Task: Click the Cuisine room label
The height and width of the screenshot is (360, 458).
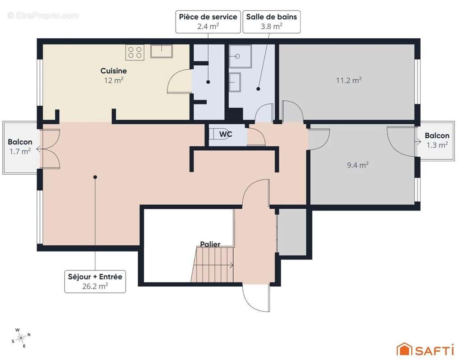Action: pyautogui.click(x=113, y=71)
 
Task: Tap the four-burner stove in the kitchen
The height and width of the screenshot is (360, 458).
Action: pyautogui.click(x=135, y=52)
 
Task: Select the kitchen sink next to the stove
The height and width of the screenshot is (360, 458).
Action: pyautogui.click(x=161, y=51)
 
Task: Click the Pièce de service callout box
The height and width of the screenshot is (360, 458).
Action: pyautogui.click(x=208, y=21)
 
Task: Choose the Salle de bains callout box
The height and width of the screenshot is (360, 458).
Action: pyautogui.click(x=271, y=21)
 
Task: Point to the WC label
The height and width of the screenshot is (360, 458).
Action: pyautogui.click(x=226, y=134)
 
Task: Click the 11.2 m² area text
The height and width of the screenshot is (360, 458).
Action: pyautogui.click(x=349, y=81)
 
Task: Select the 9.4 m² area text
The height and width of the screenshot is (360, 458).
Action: pyautogui.click(x=358, y=165)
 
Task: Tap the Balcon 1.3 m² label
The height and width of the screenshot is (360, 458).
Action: pyautogui.click(x=437, y=140)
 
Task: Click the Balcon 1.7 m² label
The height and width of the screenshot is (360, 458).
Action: pyautogui.click(x=20, y=146)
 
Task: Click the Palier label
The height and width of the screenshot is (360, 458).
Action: pyautogui.click(x=210, y=244)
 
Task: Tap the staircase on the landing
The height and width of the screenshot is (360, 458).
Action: pyautogui.click(x=212, y=265)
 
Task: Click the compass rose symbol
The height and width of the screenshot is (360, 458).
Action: pyautogui.click(x=21, y=337)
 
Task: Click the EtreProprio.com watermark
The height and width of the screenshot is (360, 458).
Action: pyautogui.click(x=43, y=15)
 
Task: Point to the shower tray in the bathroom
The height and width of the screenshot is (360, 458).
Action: pyautogui.click(x=240, y=56)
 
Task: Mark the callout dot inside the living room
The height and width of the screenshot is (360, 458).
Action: pyautogui.click(x=95, y=177)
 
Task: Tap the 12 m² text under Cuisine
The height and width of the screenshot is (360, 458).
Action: pyautogui.click(x=113, y=80)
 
